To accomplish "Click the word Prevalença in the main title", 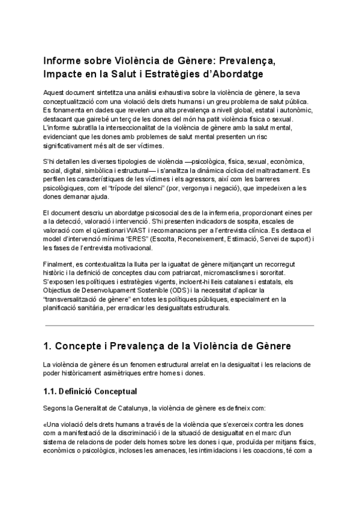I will click(246, 61).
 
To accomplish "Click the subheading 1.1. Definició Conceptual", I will click(90, 392).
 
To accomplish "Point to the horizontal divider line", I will click(179, 325).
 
